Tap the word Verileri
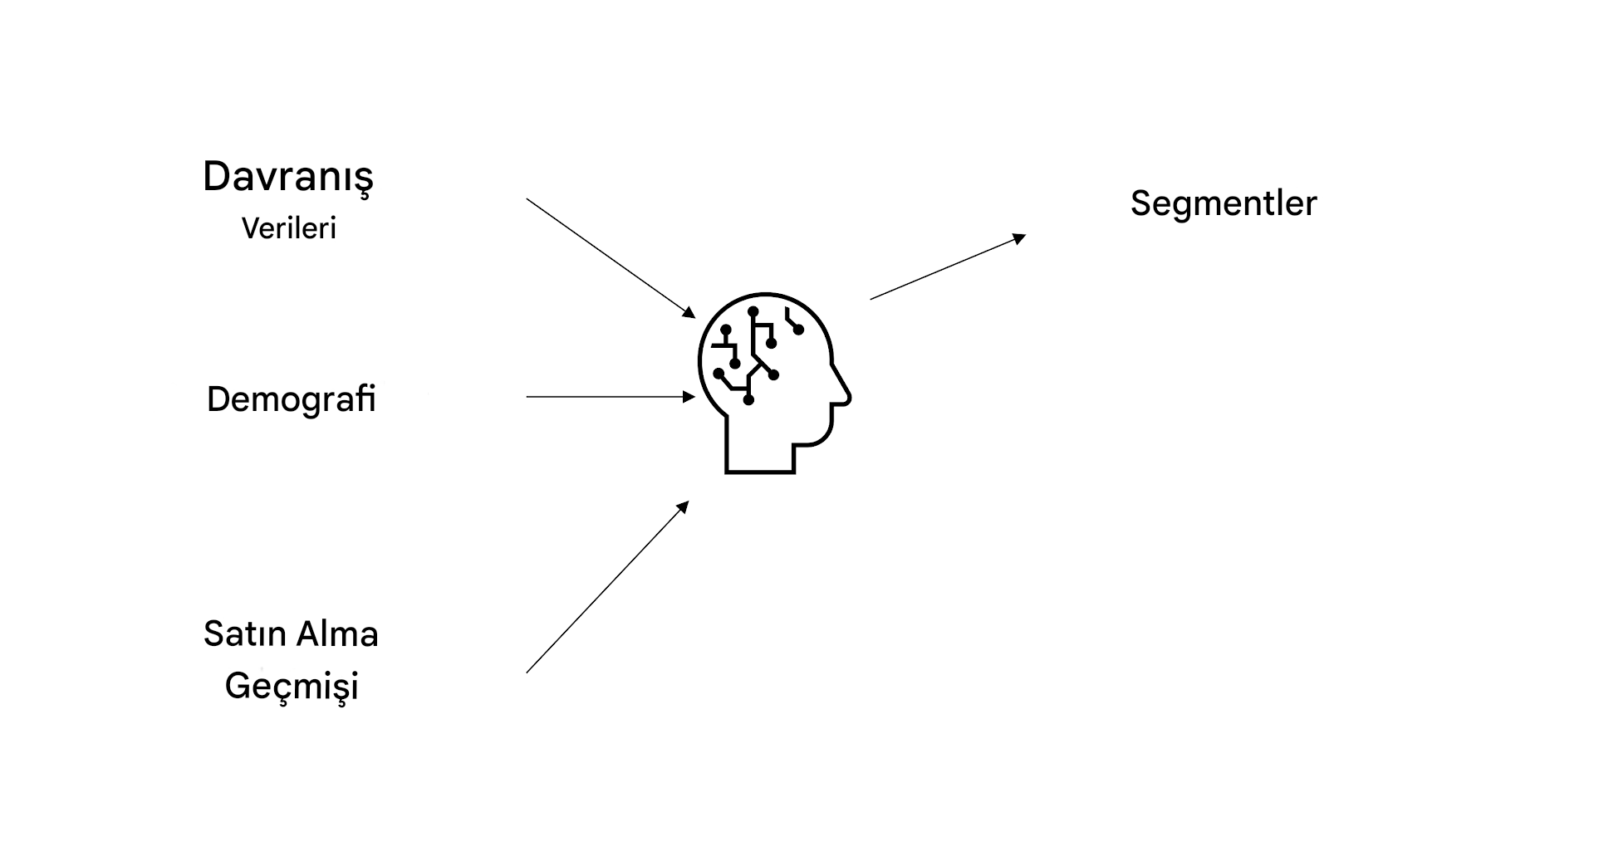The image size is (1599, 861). click(x=289, y=228)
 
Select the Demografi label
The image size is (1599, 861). click(x=292, y=399)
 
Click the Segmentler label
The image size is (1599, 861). click(x=1224, y=204)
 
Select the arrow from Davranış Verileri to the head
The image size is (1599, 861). click(x=611, y=258)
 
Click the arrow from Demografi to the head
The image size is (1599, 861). click(x=611, y=397)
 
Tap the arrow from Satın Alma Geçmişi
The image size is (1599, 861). click(x=608, y=587)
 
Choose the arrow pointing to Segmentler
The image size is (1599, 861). click(x=949, y=267)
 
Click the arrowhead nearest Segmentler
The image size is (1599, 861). click(x=1021, y=238)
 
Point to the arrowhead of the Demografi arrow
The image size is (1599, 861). click(x=689, y=397)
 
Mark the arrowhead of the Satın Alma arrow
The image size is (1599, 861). click(x=684, y=506)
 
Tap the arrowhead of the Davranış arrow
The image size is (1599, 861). click(x=690, y=313)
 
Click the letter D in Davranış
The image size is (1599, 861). click(x=217, y=176)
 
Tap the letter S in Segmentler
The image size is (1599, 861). click(x=1141, y=203)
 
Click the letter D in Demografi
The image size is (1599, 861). click(x=218, y=399)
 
